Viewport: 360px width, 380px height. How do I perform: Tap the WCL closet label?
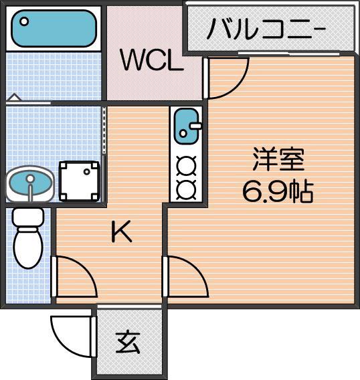152,62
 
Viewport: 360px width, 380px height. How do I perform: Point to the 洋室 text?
278,161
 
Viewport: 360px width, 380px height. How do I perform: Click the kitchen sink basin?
185,128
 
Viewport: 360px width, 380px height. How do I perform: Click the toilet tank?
29,217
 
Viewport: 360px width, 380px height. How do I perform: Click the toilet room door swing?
74,276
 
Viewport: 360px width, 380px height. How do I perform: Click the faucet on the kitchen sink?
195,125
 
